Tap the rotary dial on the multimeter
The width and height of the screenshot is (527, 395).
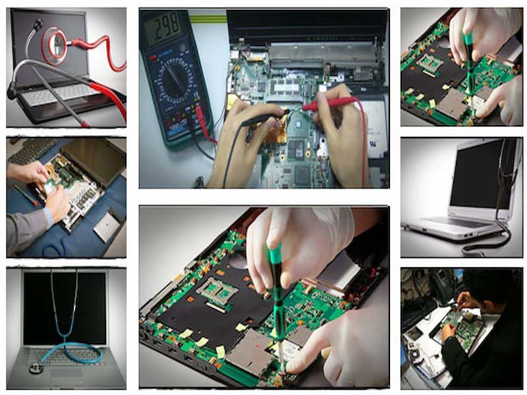click(173, 78)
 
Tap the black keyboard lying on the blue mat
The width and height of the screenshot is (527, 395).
click(31, 150)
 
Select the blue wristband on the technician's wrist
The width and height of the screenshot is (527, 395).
click(47, 217)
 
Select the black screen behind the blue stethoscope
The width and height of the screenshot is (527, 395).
click(65, 308)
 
